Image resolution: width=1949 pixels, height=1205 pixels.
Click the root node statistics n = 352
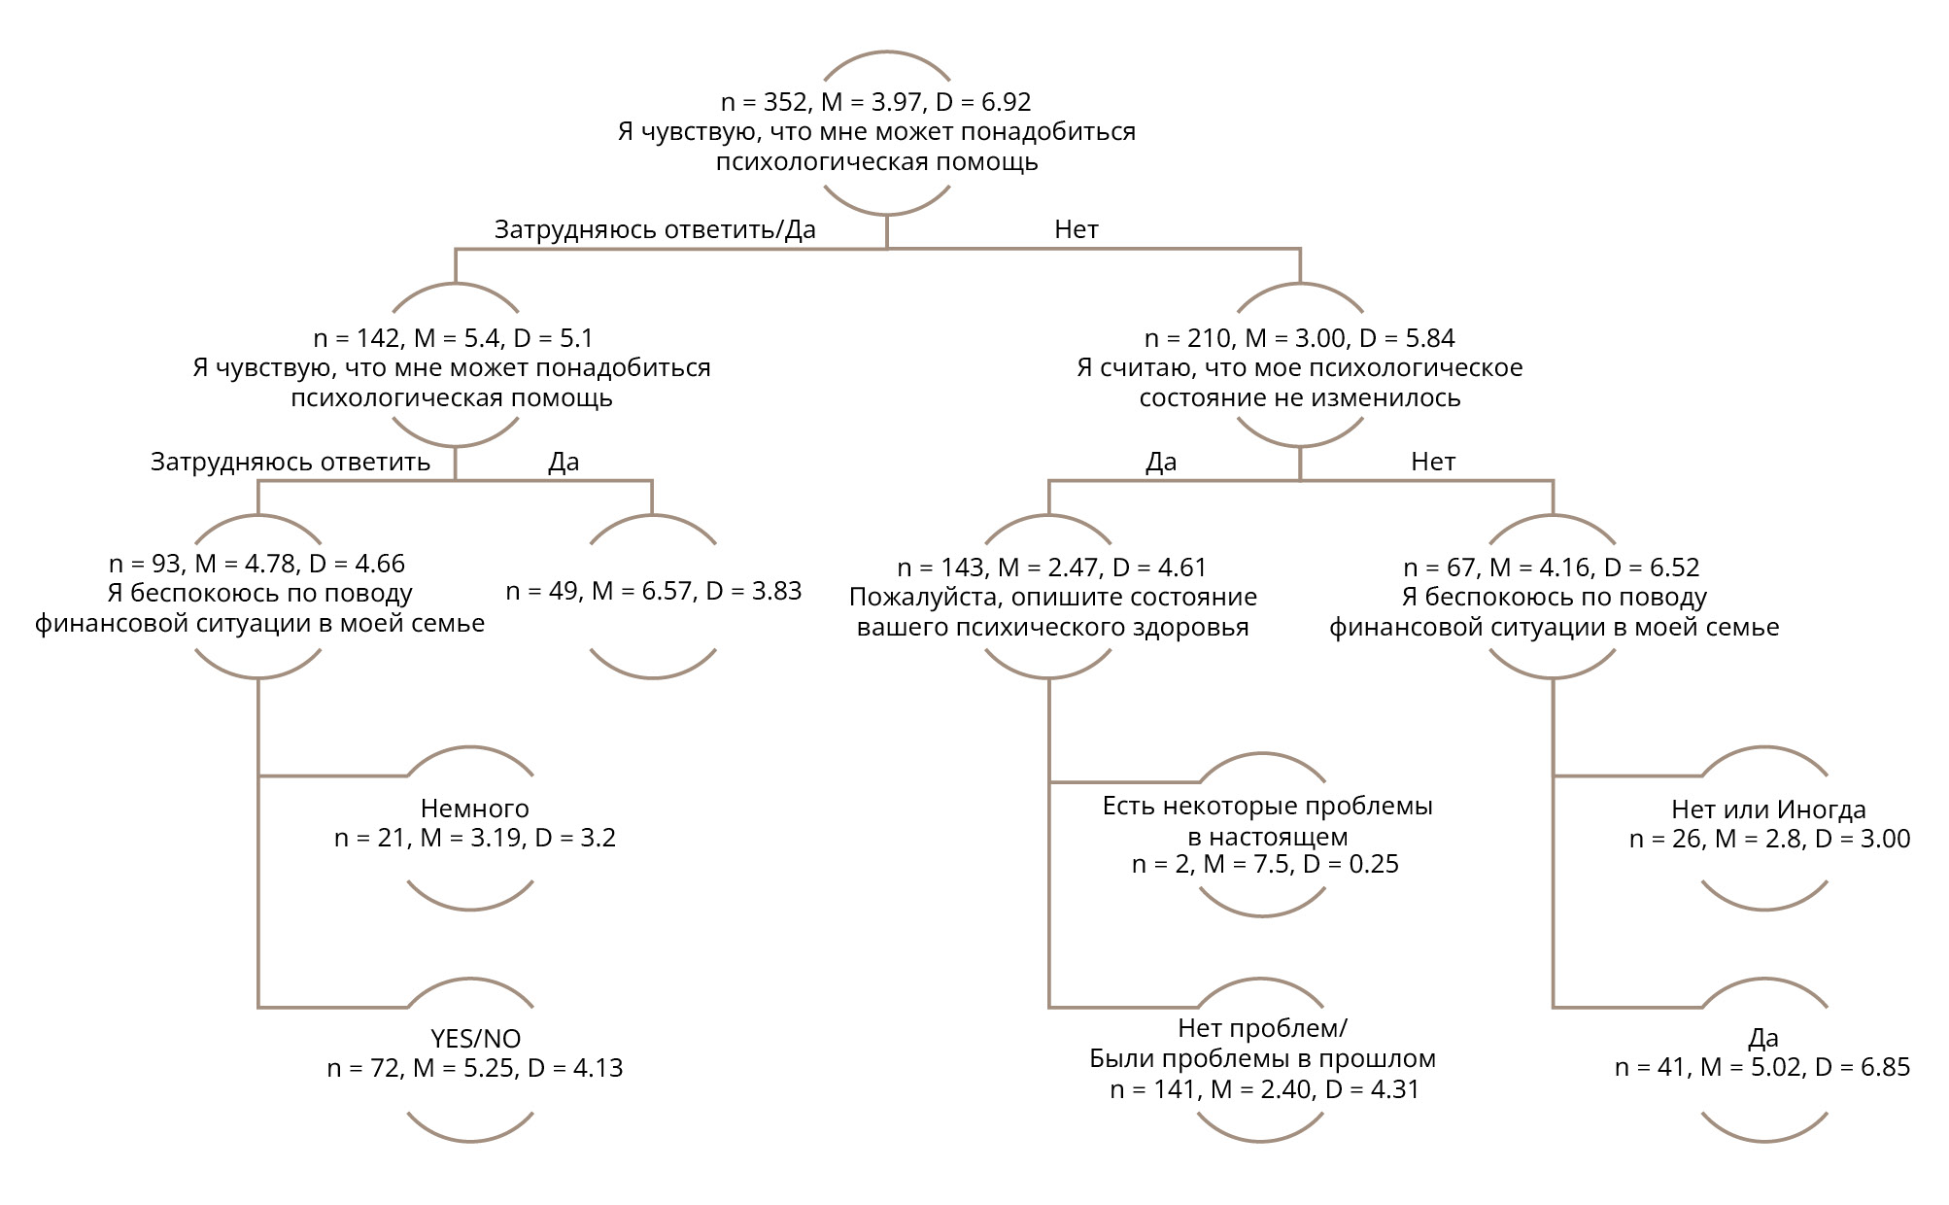875,102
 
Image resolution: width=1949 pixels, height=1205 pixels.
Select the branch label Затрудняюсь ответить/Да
655,229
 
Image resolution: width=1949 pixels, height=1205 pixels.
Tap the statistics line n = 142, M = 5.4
453,338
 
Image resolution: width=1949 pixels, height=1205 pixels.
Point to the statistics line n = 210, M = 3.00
1299,338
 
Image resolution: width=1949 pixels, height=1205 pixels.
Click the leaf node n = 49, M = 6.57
653,591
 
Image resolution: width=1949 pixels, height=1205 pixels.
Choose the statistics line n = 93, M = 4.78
256,564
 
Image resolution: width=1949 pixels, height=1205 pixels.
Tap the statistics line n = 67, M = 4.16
1552,568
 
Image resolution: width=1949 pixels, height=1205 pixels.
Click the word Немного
474,809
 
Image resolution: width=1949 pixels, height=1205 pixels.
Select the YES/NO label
475,1038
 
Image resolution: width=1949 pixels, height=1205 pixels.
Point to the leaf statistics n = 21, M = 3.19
474,838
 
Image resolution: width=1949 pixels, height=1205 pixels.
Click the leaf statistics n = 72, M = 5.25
474,1068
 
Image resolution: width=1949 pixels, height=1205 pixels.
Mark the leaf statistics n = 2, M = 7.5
1265,864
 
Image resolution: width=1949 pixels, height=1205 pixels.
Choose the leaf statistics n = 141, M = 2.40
1264,1089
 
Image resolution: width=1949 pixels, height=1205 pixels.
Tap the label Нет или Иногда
1768,809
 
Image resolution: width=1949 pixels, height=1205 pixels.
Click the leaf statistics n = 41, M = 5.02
1761,1067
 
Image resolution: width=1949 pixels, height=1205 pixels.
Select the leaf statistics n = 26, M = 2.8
1769,839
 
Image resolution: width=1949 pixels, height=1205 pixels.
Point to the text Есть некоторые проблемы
1267,806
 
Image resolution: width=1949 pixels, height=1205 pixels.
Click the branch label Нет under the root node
1076,229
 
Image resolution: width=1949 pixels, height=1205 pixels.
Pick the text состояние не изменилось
1299,398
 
